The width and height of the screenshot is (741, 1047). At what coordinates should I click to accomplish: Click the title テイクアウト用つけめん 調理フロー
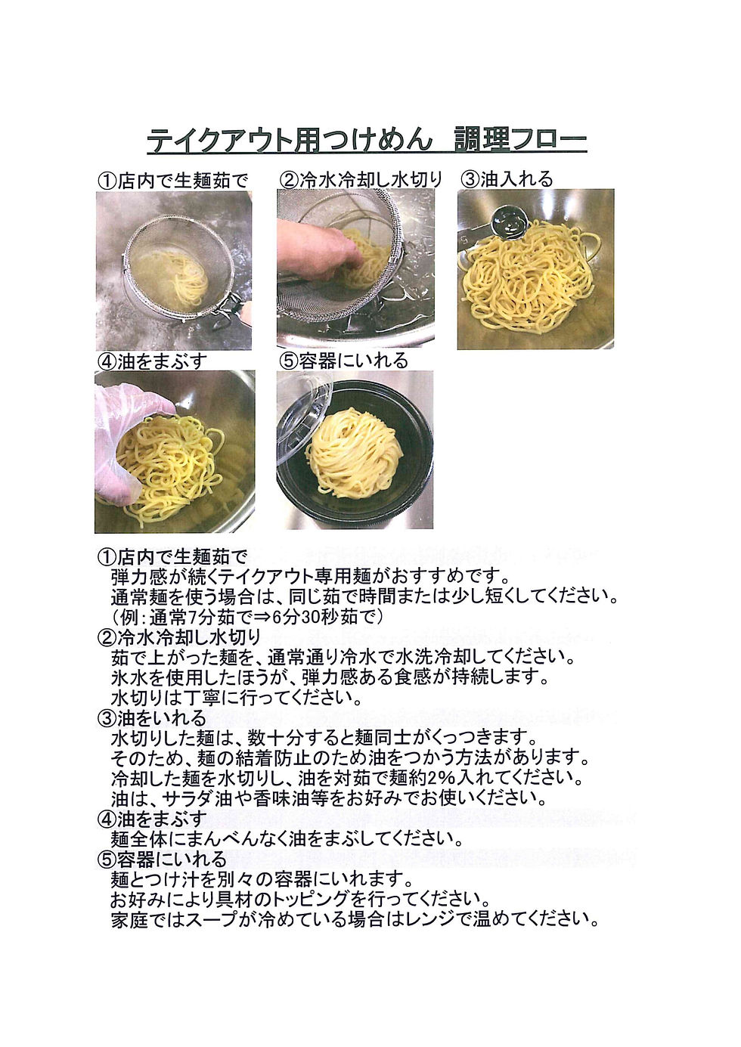pos(367,140)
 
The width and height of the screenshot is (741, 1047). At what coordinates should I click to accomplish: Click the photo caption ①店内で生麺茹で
pos(172,181)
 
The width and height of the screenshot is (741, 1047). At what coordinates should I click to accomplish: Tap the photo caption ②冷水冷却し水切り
pos(361,180)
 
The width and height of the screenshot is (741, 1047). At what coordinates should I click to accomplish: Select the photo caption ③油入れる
pos(507,179)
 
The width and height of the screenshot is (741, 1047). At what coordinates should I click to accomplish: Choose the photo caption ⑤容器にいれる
pos(343,361)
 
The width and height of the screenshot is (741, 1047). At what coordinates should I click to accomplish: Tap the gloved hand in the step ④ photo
pos(126,439)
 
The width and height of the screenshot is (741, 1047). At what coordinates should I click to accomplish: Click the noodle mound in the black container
pos(354,453)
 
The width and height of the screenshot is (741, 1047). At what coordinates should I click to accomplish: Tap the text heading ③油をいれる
pos(152,717)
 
